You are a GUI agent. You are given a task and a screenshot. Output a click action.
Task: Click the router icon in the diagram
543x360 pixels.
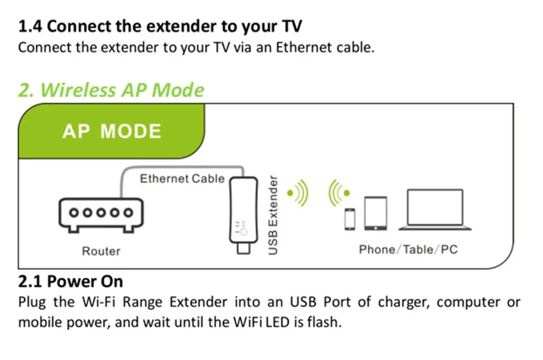tap(101, 215)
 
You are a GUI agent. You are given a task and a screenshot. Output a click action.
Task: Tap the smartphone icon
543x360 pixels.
tap(349, 219)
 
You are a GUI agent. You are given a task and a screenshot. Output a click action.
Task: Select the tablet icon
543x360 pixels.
tap(375, 213)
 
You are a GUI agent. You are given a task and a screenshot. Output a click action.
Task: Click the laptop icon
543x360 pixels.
tap(435, 210)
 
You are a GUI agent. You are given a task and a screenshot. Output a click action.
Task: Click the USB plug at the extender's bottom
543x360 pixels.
tap(243, 249)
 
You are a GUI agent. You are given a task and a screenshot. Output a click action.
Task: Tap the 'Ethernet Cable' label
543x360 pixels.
tap(182, 179)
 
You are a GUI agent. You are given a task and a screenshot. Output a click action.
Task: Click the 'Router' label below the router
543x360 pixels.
tap(101, 251)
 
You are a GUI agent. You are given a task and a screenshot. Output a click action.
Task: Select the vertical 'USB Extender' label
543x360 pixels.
tap(273, 216)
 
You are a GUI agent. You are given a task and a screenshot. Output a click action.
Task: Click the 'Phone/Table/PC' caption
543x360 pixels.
tap(408, 249)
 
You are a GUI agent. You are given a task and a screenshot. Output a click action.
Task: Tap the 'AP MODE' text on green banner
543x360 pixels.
tap(112, 131)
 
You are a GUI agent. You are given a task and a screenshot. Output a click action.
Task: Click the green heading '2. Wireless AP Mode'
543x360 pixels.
tap(111, 90)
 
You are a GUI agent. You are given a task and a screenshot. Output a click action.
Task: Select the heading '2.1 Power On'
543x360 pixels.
tap(71, 281)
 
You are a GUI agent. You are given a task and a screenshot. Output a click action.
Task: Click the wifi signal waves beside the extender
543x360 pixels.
tap(298, 193)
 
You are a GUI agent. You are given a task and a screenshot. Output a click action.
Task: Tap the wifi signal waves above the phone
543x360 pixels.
tap(339, 192)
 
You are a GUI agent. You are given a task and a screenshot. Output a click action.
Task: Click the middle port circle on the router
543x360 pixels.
tap(101, 212)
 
